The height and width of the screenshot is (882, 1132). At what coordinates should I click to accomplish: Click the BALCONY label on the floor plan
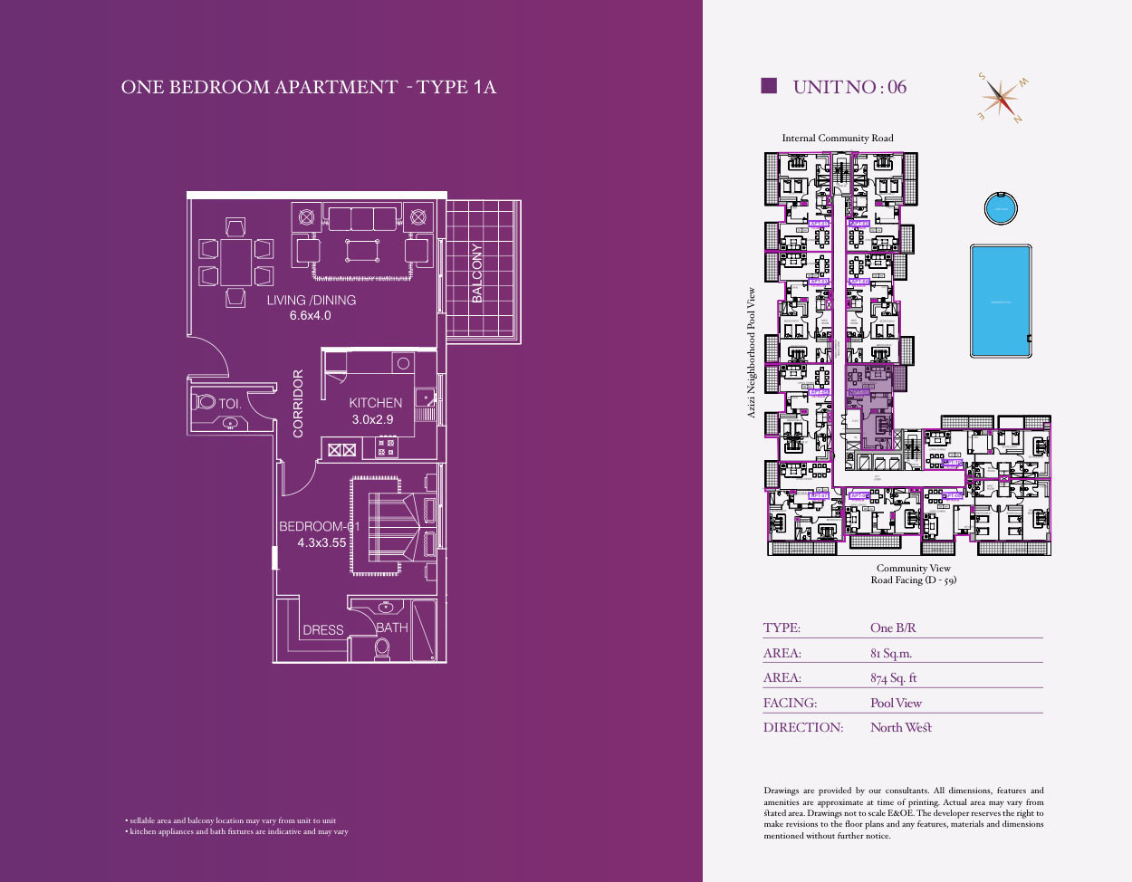477,273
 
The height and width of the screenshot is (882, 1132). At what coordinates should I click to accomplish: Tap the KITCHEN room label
376,403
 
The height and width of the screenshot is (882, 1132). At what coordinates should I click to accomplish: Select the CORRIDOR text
298,403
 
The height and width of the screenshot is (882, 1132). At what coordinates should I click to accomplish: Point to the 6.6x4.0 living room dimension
310,316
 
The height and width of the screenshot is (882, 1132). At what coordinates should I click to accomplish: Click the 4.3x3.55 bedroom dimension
322,543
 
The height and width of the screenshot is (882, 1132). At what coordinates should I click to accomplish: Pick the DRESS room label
323,630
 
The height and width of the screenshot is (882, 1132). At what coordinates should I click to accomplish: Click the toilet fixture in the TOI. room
206,402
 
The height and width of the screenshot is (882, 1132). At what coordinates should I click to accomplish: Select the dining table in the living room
236,262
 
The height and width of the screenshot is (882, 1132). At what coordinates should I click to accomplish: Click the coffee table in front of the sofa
361,250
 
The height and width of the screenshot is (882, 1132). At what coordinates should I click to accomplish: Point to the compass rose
1002,97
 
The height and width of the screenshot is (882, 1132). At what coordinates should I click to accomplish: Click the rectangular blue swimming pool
1000,301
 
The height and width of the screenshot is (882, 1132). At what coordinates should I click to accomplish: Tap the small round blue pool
1001,208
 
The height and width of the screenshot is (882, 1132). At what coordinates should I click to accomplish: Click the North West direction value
900,727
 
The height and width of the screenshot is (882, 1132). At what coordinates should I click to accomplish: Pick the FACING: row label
790,703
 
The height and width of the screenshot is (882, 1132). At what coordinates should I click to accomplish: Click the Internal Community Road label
838,139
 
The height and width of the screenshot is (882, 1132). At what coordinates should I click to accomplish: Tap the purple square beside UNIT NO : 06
769,86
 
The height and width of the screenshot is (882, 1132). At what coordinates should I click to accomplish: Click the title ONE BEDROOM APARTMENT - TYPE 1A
309,87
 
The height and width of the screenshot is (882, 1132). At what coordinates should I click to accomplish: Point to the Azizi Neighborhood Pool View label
751,353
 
